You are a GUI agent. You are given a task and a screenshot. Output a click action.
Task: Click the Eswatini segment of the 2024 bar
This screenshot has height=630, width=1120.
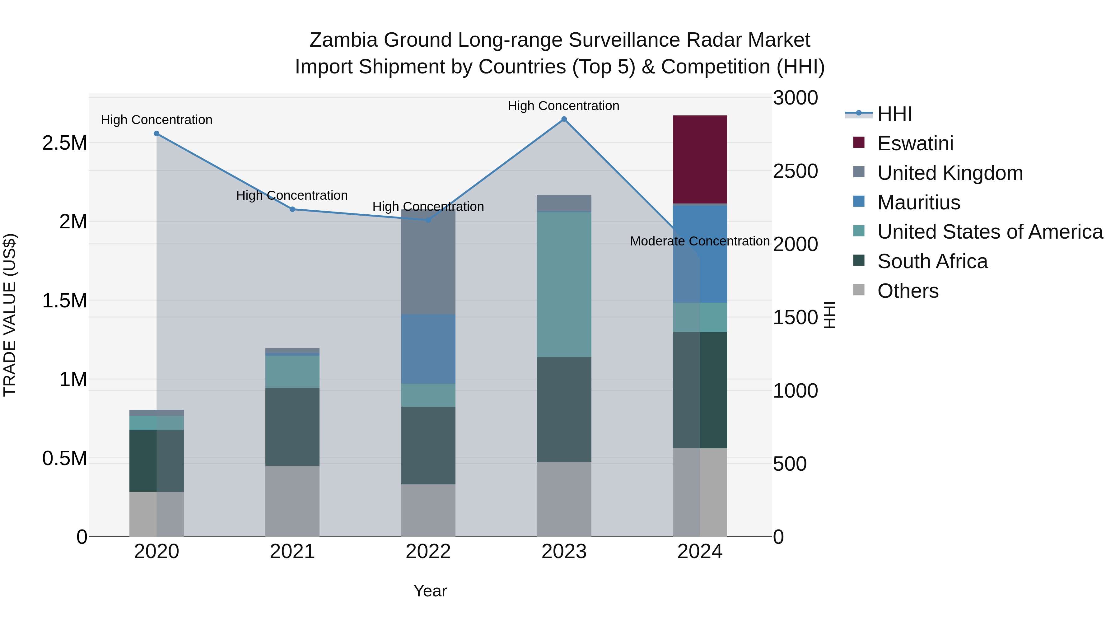tap(700, 159)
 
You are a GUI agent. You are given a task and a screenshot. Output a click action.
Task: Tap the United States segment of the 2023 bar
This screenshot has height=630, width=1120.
tap(564, 284)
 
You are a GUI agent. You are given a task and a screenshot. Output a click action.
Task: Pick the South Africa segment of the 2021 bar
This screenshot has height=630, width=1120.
tap(292, 427)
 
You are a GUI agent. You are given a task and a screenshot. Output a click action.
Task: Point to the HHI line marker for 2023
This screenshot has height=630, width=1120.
tap(564, 119)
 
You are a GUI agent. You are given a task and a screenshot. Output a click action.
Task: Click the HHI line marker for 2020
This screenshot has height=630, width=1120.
tap(156, 133)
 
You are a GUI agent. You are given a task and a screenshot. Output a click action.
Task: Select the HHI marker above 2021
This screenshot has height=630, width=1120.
tap(292, 209)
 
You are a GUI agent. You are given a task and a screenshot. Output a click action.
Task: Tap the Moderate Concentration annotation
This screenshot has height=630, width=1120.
tap(700, 241)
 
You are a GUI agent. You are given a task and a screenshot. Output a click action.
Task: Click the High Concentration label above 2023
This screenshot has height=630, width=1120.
tap(563, 106)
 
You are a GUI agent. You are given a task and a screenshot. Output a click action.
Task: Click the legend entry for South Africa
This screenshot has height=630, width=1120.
tap(932, 261)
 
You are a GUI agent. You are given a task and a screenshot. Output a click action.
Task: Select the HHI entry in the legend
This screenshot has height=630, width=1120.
tap(894, 114)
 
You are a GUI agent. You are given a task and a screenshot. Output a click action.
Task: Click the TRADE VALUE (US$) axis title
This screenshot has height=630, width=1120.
tap(10, 315)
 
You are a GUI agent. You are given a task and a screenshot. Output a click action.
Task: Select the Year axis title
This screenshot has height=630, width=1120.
tap(430, 591)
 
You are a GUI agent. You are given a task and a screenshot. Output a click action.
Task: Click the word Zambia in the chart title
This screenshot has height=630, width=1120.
tap(343, 40)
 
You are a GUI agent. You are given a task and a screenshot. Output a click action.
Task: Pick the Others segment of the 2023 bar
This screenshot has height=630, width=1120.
tap(564, 499)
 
